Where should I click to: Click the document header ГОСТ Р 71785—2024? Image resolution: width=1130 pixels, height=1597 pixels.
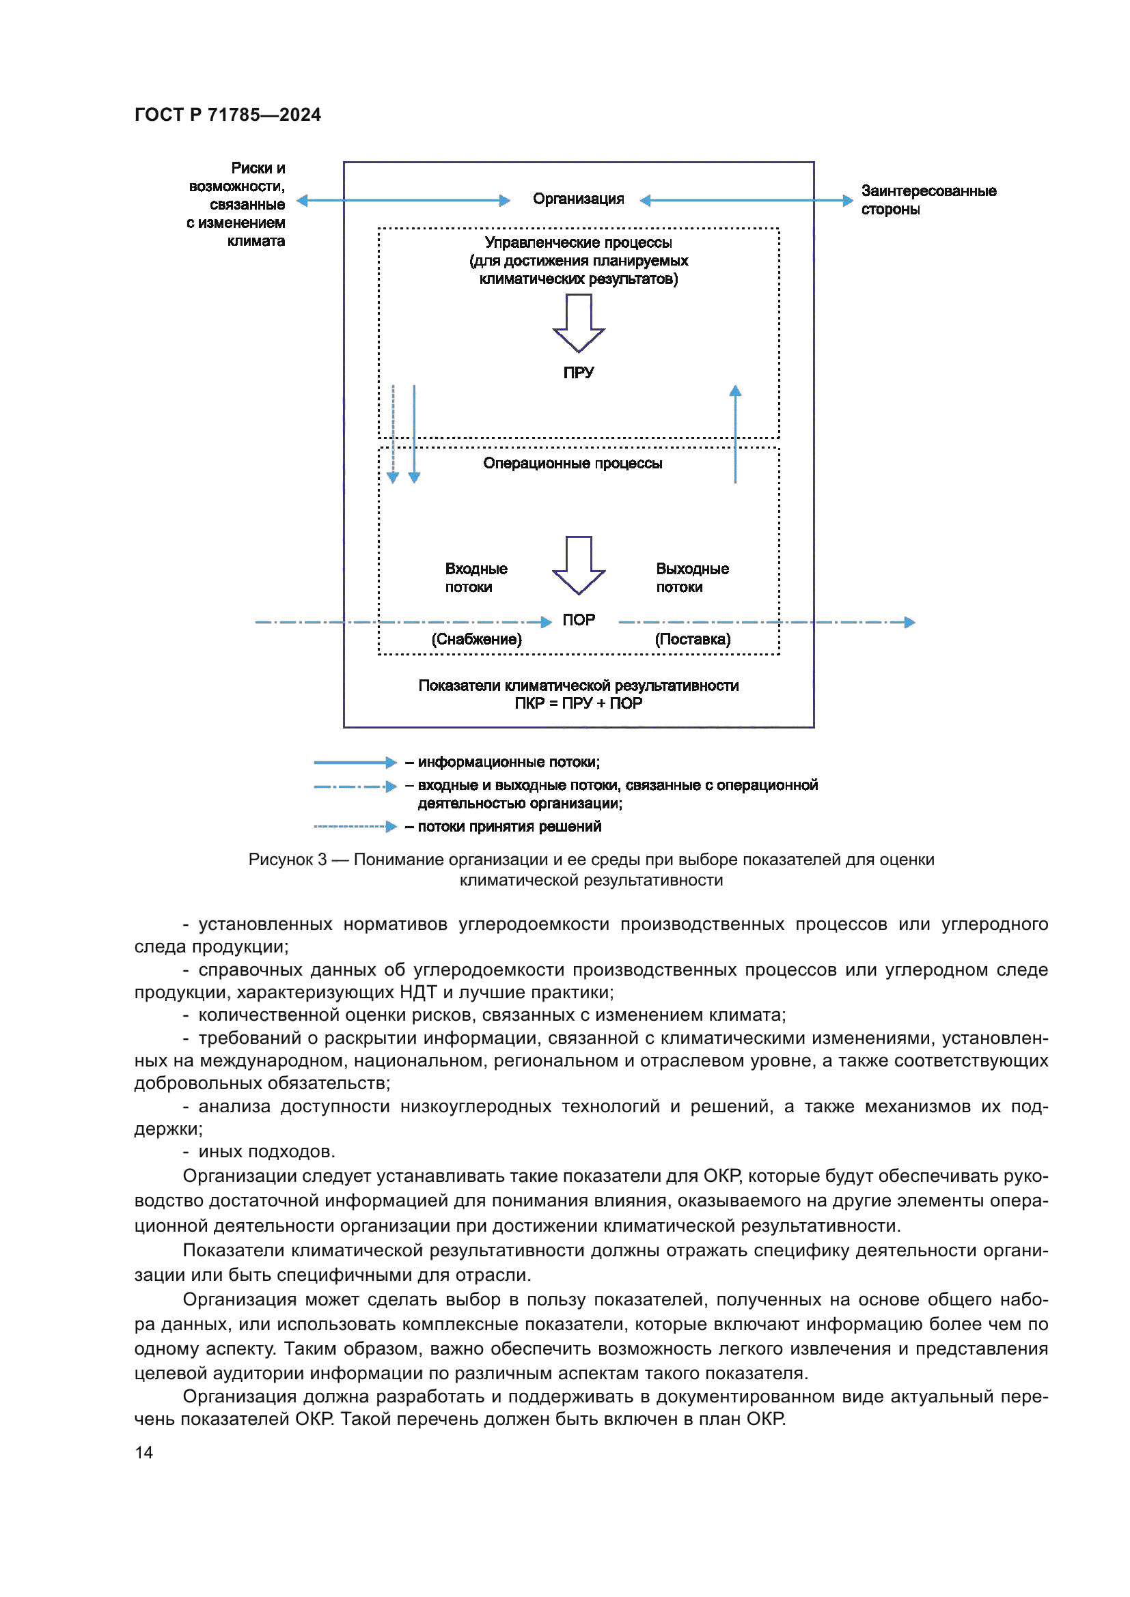click(228, 115)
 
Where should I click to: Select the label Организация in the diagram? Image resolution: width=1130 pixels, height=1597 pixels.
click(578, 199)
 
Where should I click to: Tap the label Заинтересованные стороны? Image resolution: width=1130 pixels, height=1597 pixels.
click(928, 199)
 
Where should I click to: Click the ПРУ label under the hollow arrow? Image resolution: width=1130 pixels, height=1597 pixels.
click(578, 372)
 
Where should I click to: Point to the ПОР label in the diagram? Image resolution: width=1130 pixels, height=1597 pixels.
click(578, 619)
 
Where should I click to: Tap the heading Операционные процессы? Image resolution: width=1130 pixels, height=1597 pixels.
click(572, 463)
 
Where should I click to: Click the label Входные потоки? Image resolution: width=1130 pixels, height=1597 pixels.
click(476, 578)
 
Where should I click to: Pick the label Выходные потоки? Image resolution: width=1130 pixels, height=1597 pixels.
click(691, 578)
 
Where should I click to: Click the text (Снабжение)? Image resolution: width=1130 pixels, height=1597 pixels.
click(476, 639)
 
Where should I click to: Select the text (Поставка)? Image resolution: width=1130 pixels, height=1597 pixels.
click(692, 639)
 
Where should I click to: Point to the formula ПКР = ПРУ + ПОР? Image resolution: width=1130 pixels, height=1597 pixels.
click(578, 703)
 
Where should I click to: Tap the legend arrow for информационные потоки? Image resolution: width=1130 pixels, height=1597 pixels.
click(355, 763)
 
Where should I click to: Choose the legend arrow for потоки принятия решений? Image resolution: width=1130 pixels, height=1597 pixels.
click(355, 826)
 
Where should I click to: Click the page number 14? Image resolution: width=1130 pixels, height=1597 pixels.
click(144, 1452)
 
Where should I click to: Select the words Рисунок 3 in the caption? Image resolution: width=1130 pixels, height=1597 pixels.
click(288, 860)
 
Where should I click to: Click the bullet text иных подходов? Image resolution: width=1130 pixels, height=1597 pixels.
click(266, 1151)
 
